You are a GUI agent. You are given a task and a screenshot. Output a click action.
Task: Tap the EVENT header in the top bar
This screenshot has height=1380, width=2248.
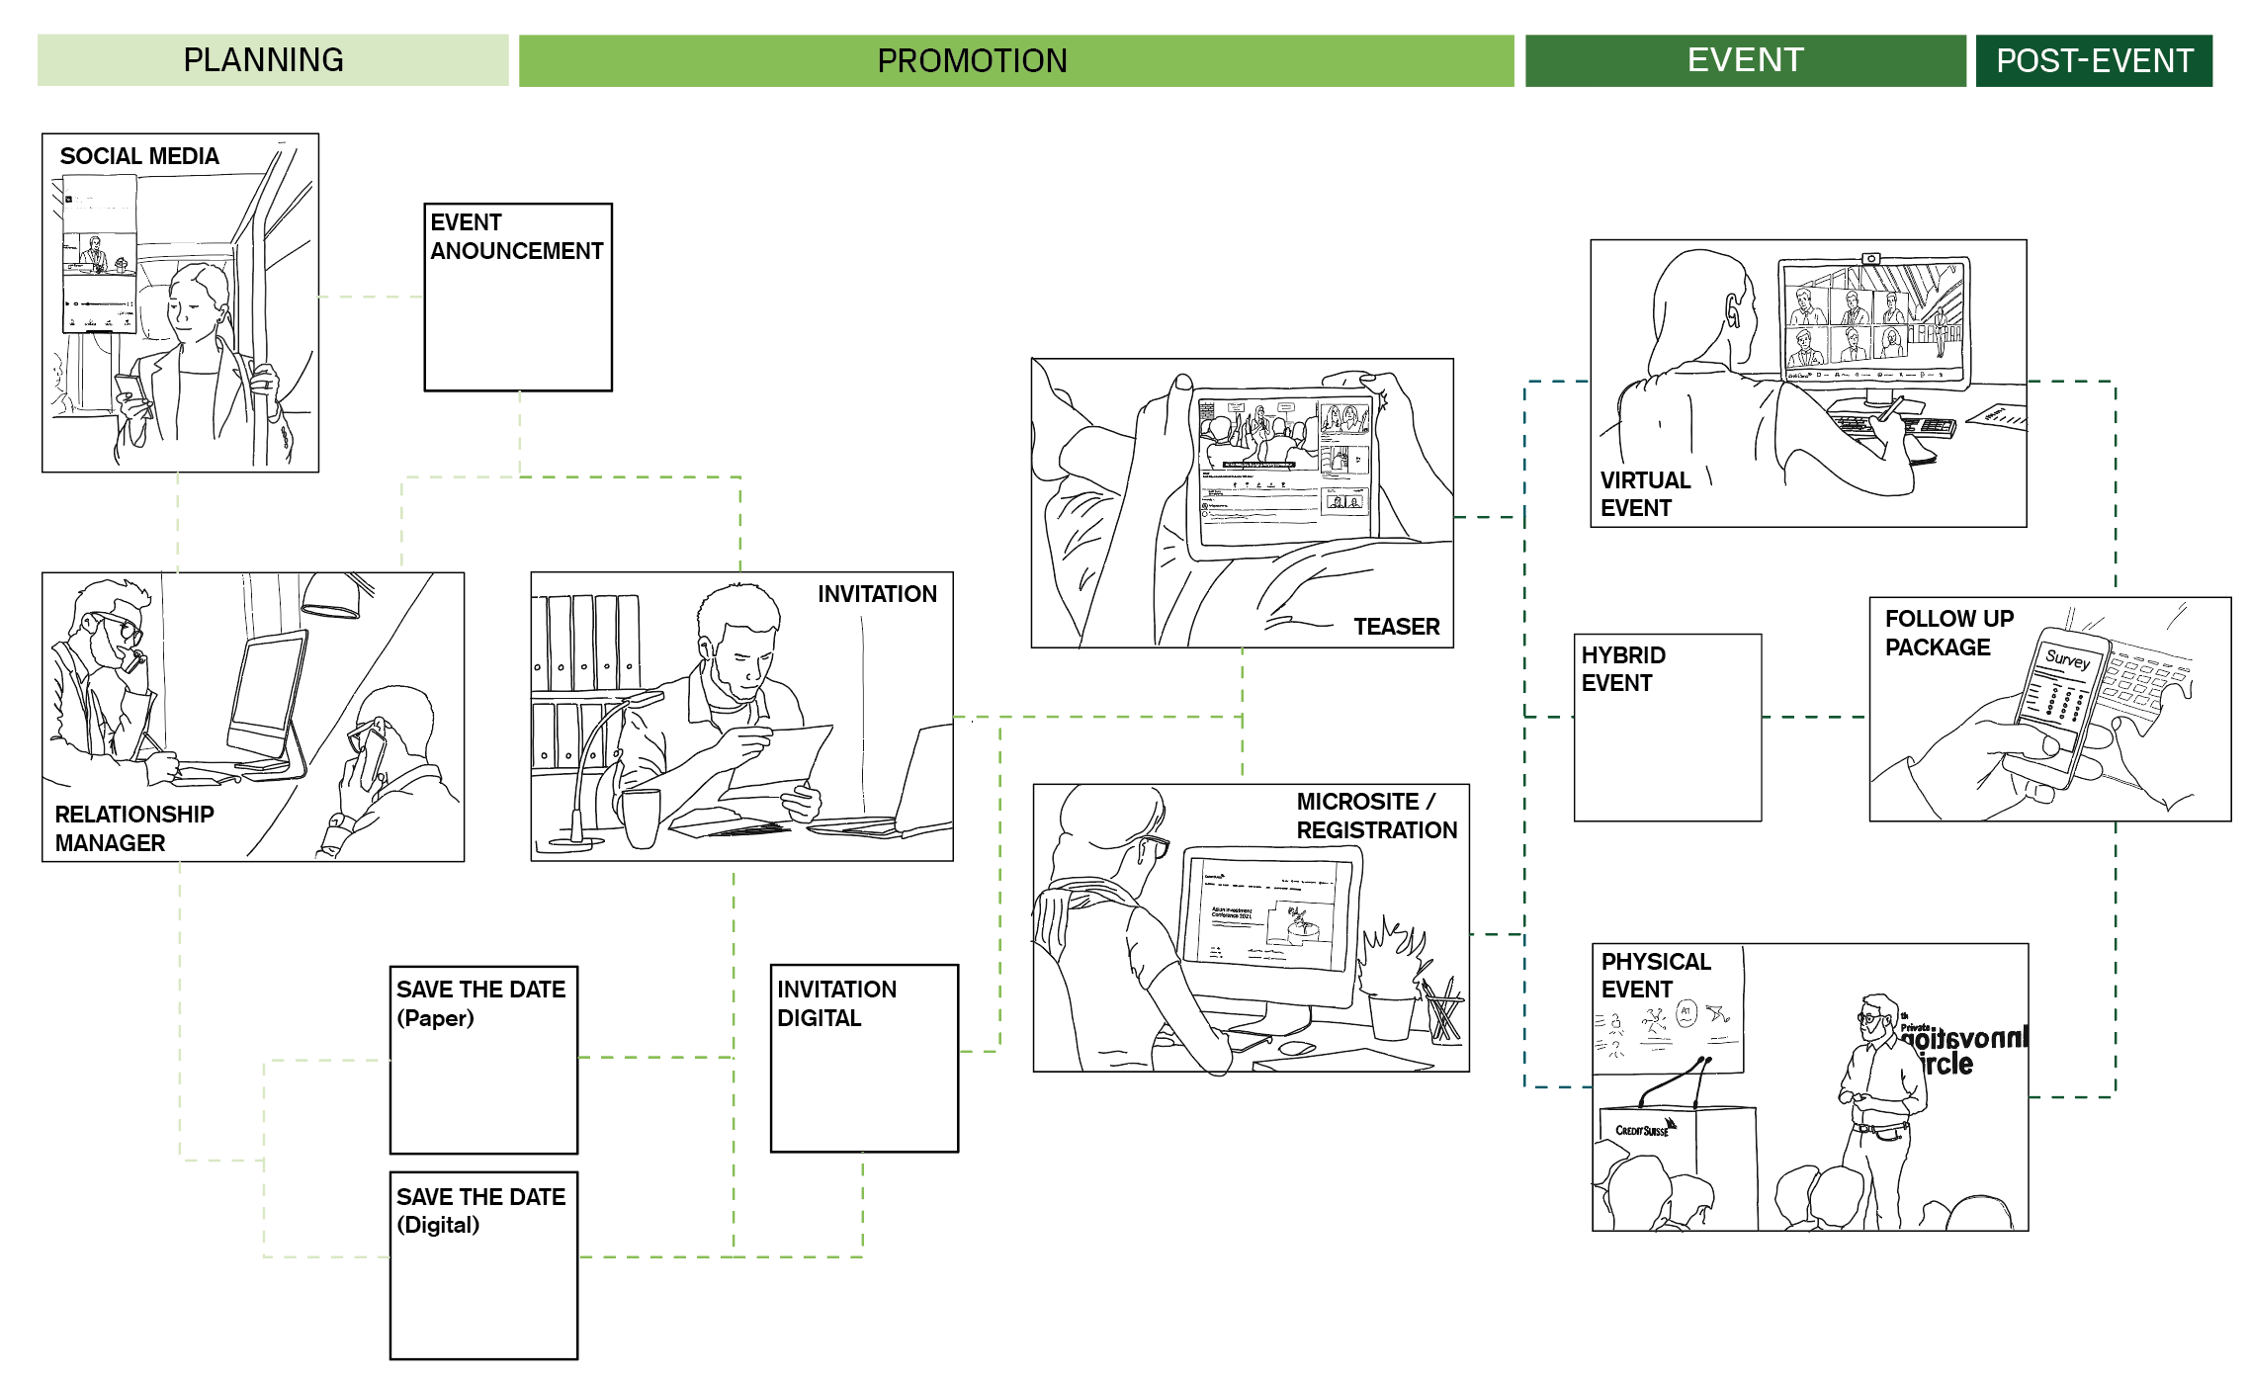pos(1745,60)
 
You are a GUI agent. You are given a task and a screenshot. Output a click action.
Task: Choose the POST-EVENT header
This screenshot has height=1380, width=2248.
pos(2094,60)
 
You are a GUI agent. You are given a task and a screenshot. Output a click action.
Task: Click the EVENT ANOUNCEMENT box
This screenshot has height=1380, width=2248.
pos(518,297)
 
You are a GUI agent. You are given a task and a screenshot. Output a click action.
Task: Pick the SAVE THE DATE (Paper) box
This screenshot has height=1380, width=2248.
pos(483,1060)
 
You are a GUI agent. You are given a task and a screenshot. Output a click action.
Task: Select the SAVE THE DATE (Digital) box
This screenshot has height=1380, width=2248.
pos(483,1265)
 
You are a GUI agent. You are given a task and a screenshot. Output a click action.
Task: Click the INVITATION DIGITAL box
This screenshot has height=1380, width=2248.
pos(864,1058)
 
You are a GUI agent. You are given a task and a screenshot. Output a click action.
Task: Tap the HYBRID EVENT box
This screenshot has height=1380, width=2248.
pos(1668,728)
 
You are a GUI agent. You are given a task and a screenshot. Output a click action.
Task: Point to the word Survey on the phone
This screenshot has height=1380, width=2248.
pos(2067,658)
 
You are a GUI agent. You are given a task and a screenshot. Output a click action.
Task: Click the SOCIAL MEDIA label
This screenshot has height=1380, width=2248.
pos(139,156)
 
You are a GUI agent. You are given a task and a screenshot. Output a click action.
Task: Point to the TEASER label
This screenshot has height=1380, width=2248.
pos(1396,627)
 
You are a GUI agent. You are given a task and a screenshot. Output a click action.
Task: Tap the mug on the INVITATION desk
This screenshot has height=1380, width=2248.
pos(641,818)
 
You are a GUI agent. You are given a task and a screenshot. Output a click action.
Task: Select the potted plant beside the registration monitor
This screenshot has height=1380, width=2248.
pos(1394,979)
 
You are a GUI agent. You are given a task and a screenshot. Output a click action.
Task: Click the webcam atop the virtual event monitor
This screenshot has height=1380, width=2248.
pos(1871,259)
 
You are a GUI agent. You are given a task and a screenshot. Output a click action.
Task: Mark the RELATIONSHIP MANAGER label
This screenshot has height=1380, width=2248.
pos(133,828)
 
